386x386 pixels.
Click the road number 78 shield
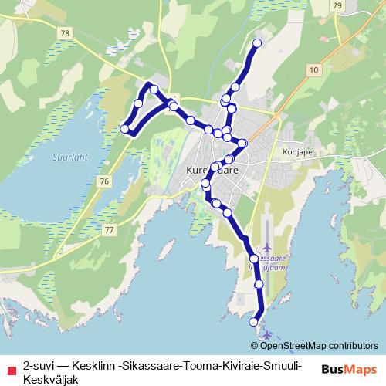tap(64, 33)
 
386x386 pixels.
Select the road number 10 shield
tap(313, 69)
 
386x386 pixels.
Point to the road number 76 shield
tap(104, 180)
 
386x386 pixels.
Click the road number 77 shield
tap(109, 230)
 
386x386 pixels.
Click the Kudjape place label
tap(296, 153)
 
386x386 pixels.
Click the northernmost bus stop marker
tap(257, 43)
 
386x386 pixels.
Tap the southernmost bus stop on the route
tap(254, 321)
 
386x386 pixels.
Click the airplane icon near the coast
tap(266, 334)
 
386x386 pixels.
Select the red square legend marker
tap(10, 365)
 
